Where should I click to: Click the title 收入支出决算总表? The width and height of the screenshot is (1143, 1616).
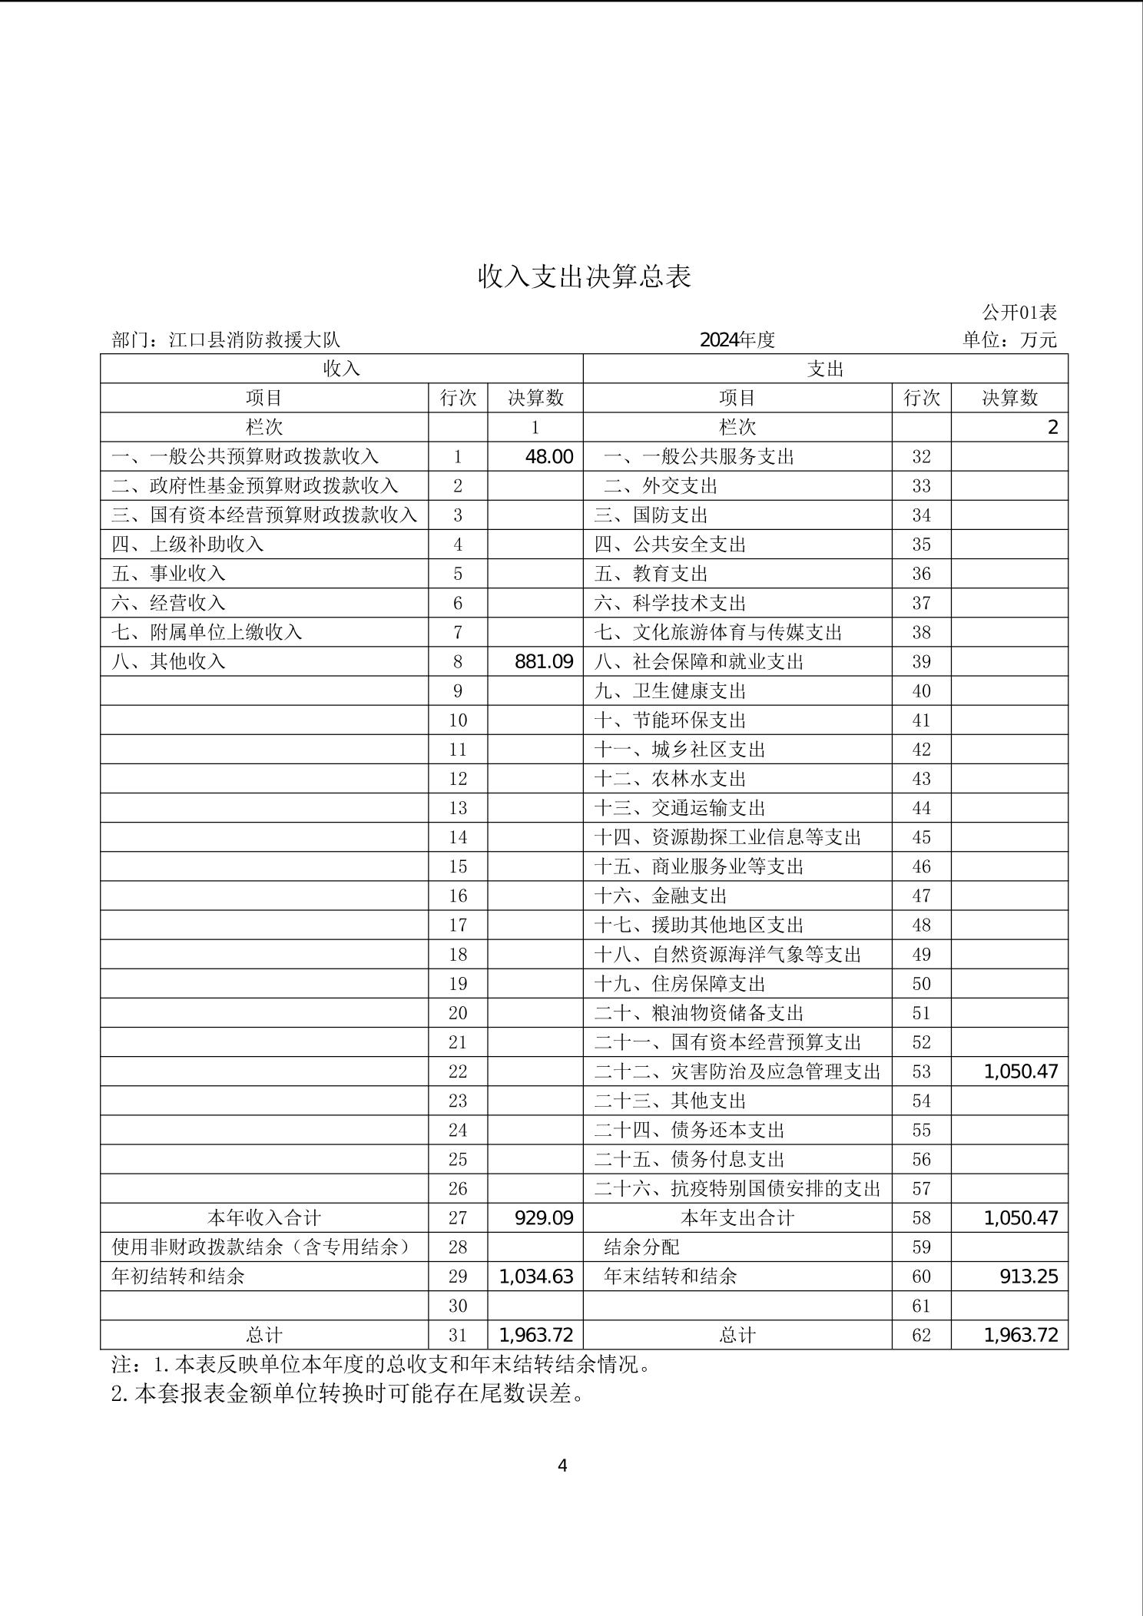585,277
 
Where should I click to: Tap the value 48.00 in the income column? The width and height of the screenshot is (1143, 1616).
548,456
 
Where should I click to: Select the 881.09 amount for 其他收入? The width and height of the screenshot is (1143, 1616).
544,661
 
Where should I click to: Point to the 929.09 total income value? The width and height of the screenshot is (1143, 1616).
544,1217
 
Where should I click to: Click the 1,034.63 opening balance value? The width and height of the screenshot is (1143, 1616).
536,1276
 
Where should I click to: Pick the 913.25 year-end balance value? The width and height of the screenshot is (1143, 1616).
1029,1276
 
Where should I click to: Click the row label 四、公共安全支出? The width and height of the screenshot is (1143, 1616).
670,545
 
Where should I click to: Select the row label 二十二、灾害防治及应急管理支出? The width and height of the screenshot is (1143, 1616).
737,1071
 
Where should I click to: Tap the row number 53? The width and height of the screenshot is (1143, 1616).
921,1071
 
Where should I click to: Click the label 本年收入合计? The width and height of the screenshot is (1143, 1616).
263,1217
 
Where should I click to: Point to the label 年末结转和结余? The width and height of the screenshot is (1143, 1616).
670,1276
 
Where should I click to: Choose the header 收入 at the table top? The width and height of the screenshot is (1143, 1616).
341,369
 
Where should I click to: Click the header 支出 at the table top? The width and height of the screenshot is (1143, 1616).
825,369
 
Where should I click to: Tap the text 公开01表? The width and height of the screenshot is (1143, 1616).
1019,312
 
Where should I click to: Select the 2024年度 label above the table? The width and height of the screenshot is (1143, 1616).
737,339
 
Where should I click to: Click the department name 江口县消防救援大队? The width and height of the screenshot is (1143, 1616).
254,339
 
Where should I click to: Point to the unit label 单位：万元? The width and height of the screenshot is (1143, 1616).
1009,339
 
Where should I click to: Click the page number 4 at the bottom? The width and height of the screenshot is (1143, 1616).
562,1465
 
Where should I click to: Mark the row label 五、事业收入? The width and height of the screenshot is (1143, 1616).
168,574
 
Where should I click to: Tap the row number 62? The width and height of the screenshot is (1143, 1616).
921,1335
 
